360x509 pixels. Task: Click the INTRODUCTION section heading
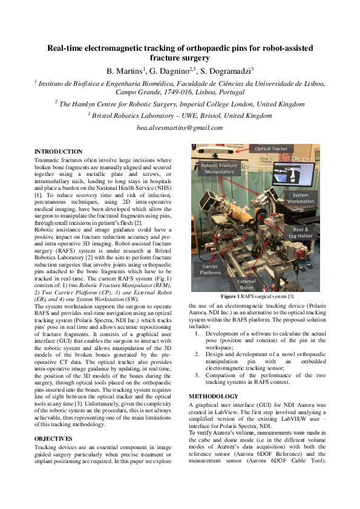tap(59, 151)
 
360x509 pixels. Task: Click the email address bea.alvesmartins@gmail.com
tap(180, 128)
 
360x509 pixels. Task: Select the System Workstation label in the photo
tap(301, 199)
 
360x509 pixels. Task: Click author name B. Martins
tap(125, 71)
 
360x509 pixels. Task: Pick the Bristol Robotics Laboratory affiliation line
tap(180, 115)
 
